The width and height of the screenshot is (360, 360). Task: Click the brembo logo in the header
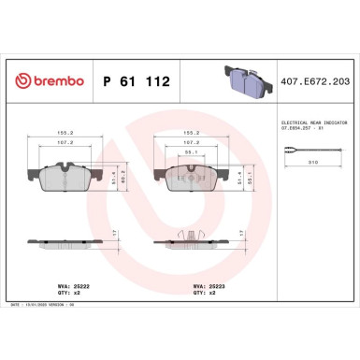(x=47, y=81)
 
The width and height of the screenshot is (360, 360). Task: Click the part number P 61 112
(x=134, y=81)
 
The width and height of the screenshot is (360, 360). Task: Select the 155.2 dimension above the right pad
(x=197, y=133)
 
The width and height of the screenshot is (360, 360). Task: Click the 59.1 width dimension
(x=196, y=151)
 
